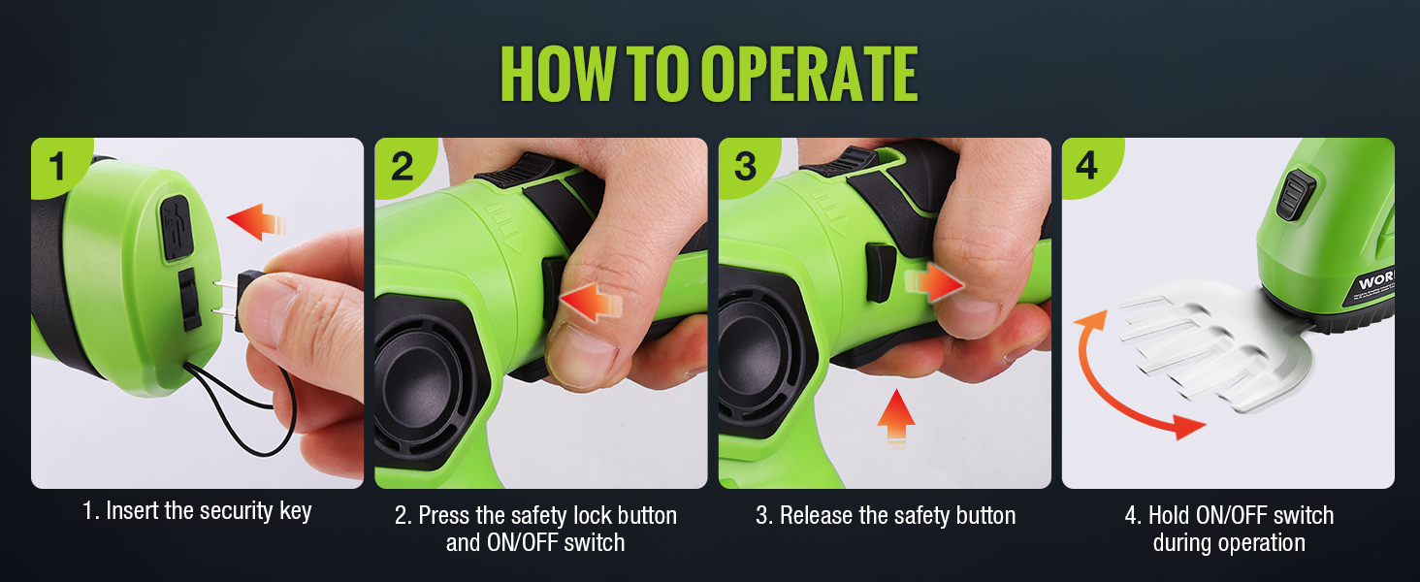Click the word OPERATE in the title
pos(809,74)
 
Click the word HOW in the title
pos(558,74)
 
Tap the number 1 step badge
pos(57,166)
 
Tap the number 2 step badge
pos(402,166)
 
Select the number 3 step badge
pos(746,166)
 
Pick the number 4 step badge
pos(1088,166)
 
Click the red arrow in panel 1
pos(256,222)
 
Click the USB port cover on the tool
pos(177,228)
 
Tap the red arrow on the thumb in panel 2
pos(591,302)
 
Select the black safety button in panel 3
pos(880,273)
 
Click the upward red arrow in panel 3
pos(895,418)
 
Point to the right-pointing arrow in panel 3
pos(934,283)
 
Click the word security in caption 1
pos(231,511)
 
